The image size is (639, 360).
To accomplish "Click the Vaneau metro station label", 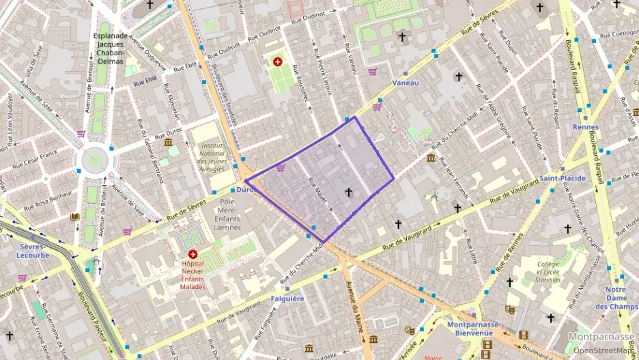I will [406, 83].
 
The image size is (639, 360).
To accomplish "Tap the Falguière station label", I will [287, 299].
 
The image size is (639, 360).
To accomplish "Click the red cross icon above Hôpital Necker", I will [193, 253].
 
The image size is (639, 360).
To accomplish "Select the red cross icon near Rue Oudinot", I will [278, 61].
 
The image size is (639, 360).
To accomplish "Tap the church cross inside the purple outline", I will [349, 193].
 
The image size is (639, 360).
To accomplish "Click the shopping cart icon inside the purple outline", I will [280, 167].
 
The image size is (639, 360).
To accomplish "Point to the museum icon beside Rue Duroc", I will [168, 142].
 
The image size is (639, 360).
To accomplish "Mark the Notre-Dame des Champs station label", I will [616, 298].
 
